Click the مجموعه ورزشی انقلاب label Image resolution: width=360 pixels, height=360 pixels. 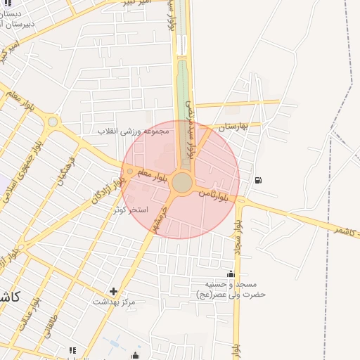[134, 131]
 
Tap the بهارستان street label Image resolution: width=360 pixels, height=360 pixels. [235, 127]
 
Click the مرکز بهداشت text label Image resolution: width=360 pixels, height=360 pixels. [114, 301]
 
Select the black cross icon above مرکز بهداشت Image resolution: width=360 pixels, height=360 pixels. [114, 290]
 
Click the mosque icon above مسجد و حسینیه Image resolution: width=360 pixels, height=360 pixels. [231, 274]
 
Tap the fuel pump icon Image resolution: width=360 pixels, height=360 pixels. [259, 180]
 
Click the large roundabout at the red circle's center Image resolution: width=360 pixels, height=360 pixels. [182, 182]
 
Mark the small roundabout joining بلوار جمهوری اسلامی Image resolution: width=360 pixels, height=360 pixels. [53, 122]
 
